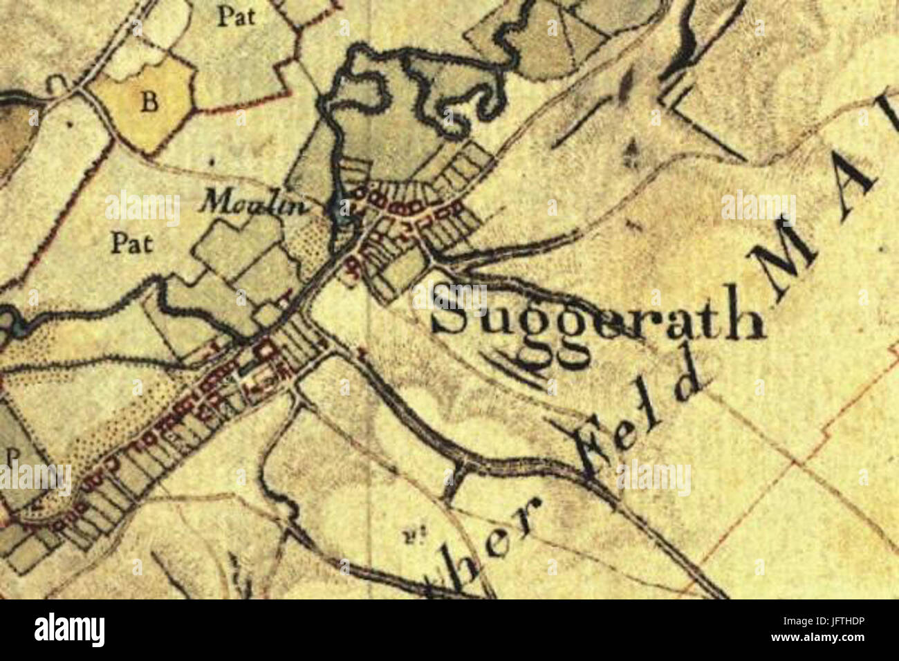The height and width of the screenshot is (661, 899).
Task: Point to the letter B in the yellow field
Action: tap(149, 103)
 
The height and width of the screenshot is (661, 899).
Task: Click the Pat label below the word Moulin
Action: tap(132, 243)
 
